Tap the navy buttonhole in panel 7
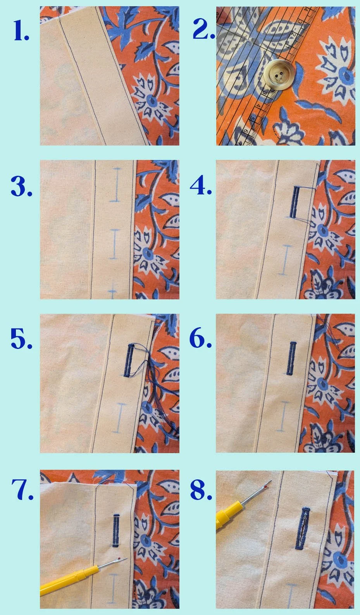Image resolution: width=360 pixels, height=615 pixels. pyautogui.click(x=115, y=531)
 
